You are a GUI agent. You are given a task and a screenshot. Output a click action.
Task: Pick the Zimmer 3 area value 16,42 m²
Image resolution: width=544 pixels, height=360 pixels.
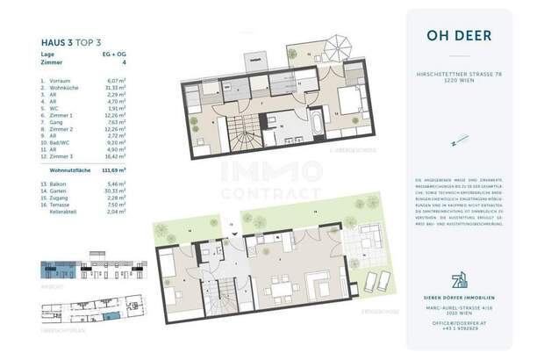pos(114,160)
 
